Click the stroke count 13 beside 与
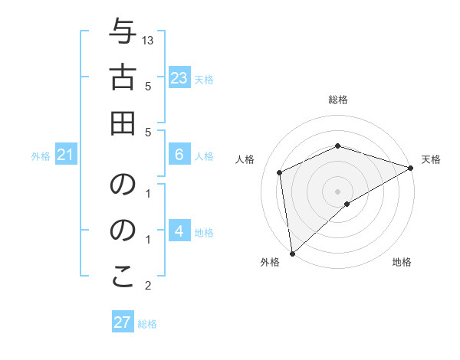(148, 40)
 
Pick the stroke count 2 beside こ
(148, 286)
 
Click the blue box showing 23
(179, 78)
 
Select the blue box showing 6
(179, 155)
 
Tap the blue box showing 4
(179, 231)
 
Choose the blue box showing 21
(65, 155)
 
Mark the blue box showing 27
(122, 322)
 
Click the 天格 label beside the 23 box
(204, 80)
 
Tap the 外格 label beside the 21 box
(41, 156)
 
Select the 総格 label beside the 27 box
(147, 324)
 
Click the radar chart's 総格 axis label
(338, 100)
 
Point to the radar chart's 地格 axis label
(402, 263)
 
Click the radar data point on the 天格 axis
(411, 169)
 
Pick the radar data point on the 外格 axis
(292, 254)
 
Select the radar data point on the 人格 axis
(280, 172)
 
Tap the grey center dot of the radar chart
(338, 191)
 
